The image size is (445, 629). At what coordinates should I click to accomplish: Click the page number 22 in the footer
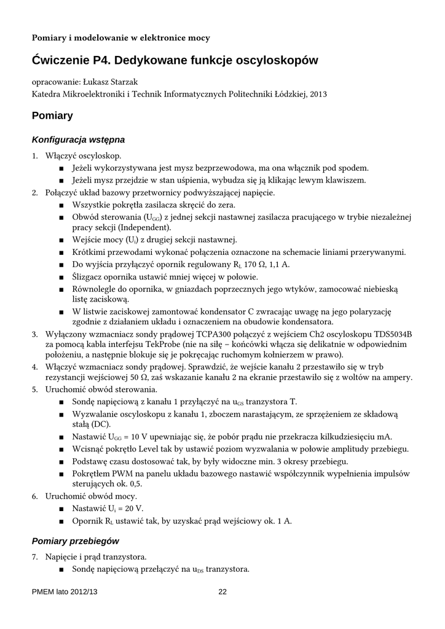[222, 592]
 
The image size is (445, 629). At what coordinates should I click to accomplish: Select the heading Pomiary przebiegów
[75, 541]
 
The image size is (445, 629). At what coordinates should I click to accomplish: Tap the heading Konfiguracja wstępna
[78, 139]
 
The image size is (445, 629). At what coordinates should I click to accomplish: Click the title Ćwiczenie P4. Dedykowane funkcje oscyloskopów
[175, 60]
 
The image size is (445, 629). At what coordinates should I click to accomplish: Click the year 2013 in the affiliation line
[318, 95]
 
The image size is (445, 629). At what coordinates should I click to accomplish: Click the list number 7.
[35, 557]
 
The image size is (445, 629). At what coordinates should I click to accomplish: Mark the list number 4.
[35, 367]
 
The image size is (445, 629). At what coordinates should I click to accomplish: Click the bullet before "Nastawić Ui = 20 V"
[61, 509]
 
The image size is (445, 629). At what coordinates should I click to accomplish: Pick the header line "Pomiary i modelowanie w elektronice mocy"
[121, 38]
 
